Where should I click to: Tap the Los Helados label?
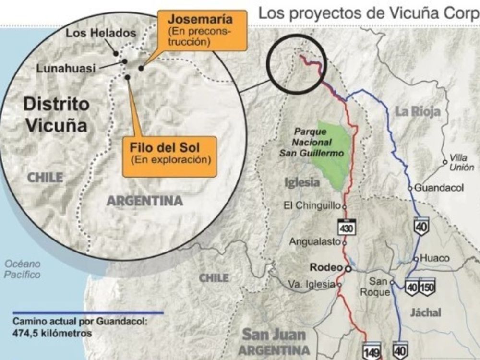[101, 33]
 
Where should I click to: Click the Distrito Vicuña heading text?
[57, 115]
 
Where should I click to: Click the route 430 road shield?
[346, 227]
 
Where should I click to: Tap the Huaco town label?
[434, 258]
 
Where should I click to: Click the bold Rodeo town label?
[326, 267]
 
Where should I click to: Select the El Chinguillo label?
[312, 205]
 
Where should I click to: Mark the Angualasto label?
[315, 242]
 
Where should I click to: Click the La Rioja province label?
[418, 111]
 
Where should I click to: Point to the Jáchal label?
[425, 312]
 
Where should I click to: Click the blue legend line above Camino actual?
[88, 312]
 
